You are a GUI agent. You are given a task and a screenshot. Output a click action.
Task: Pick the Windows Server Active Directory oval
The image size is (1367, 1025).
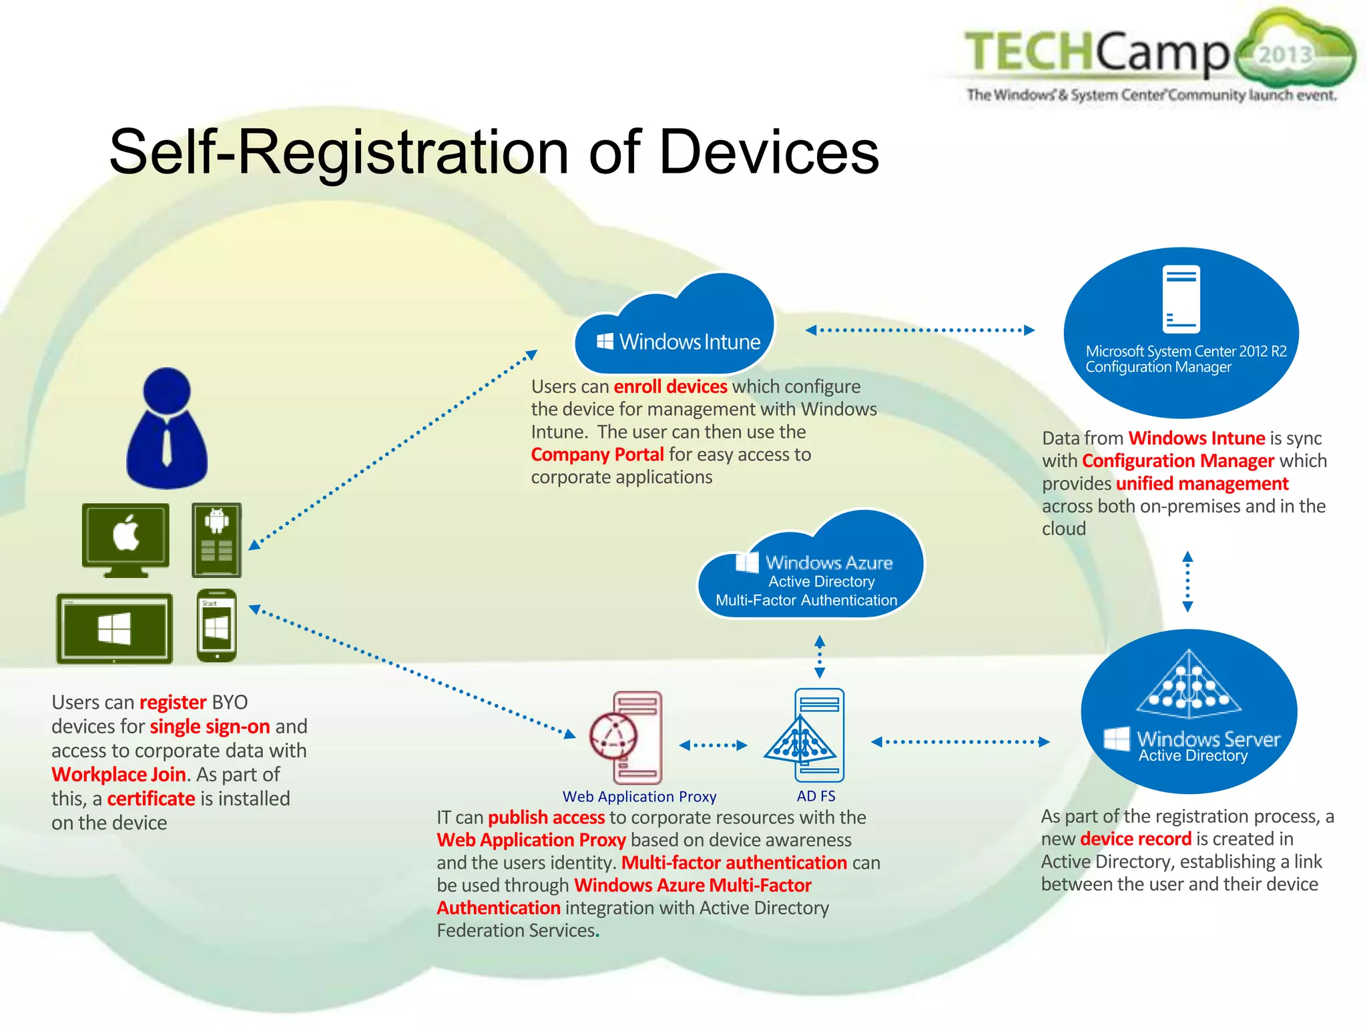(x=1189, y=711)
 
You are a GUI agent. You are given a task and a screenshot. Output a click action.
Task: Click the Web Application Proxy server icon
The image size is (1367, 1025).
(x=627, y=737)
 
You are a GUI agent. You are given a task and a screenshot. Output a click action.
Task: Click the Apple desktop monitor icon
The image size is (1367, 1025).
(x=125, y=539)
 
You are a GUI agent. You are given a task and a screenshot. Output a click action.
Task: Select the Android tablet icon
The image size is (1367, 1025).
(x=216, y=540)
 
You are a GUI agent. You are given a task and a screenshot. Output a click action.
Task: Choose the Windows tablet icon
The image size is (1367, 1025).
(x=114, y=628)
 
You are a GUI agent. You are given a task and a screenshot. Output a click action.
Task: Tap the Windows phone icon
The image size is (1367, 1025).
(x=217, y=625)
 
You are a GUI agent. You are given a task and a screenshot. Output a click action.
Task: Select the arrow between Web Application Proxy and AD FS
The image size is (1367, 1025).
(x=713, y=745)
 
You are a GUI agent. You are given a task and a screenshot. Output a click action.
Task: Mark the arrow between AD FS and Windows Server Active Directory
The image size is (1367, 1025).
(x=961, y=741)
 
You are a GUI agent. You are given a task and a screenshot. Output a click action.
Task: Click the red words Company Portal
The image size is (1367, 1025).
(x=597, y=454)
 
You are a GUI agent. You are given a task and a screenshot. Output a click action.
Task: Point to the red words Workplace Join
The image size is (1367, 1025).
(x=118, y=775)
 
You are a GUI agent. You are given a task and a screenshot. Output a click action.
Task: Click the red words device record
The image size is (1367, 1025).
(x=1135, y=839)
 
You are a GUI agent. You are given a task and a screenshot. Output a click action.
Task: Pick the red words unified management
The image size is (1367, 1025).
(x=1201, y=483)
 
